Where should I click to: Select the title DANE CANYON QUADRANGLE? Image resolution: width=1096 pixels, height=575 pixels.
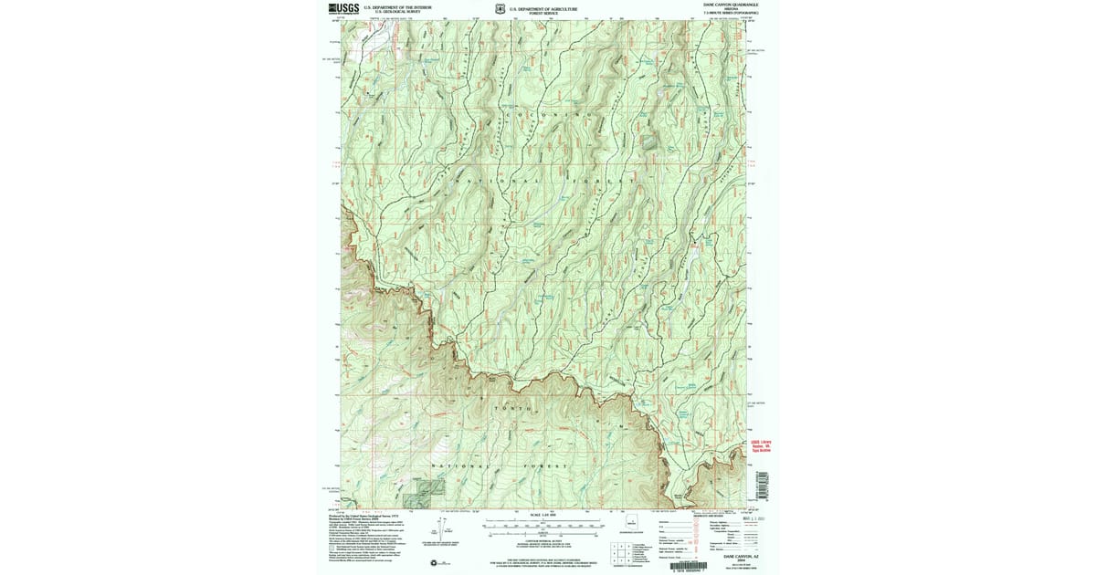click(730, 5)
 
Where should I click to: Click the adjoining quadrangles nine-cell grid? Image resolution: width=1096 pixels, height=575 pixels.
click(618, 551)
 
